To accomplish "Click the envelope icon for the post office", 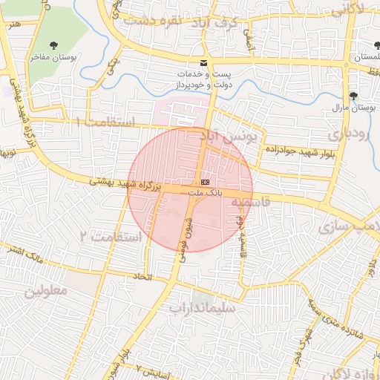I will [204, 63].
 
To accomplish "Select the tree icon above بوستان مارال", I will [353, 96].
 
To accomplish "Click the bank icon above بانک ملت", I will [205, 182].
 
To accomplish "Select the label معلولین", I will [45, 290].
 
